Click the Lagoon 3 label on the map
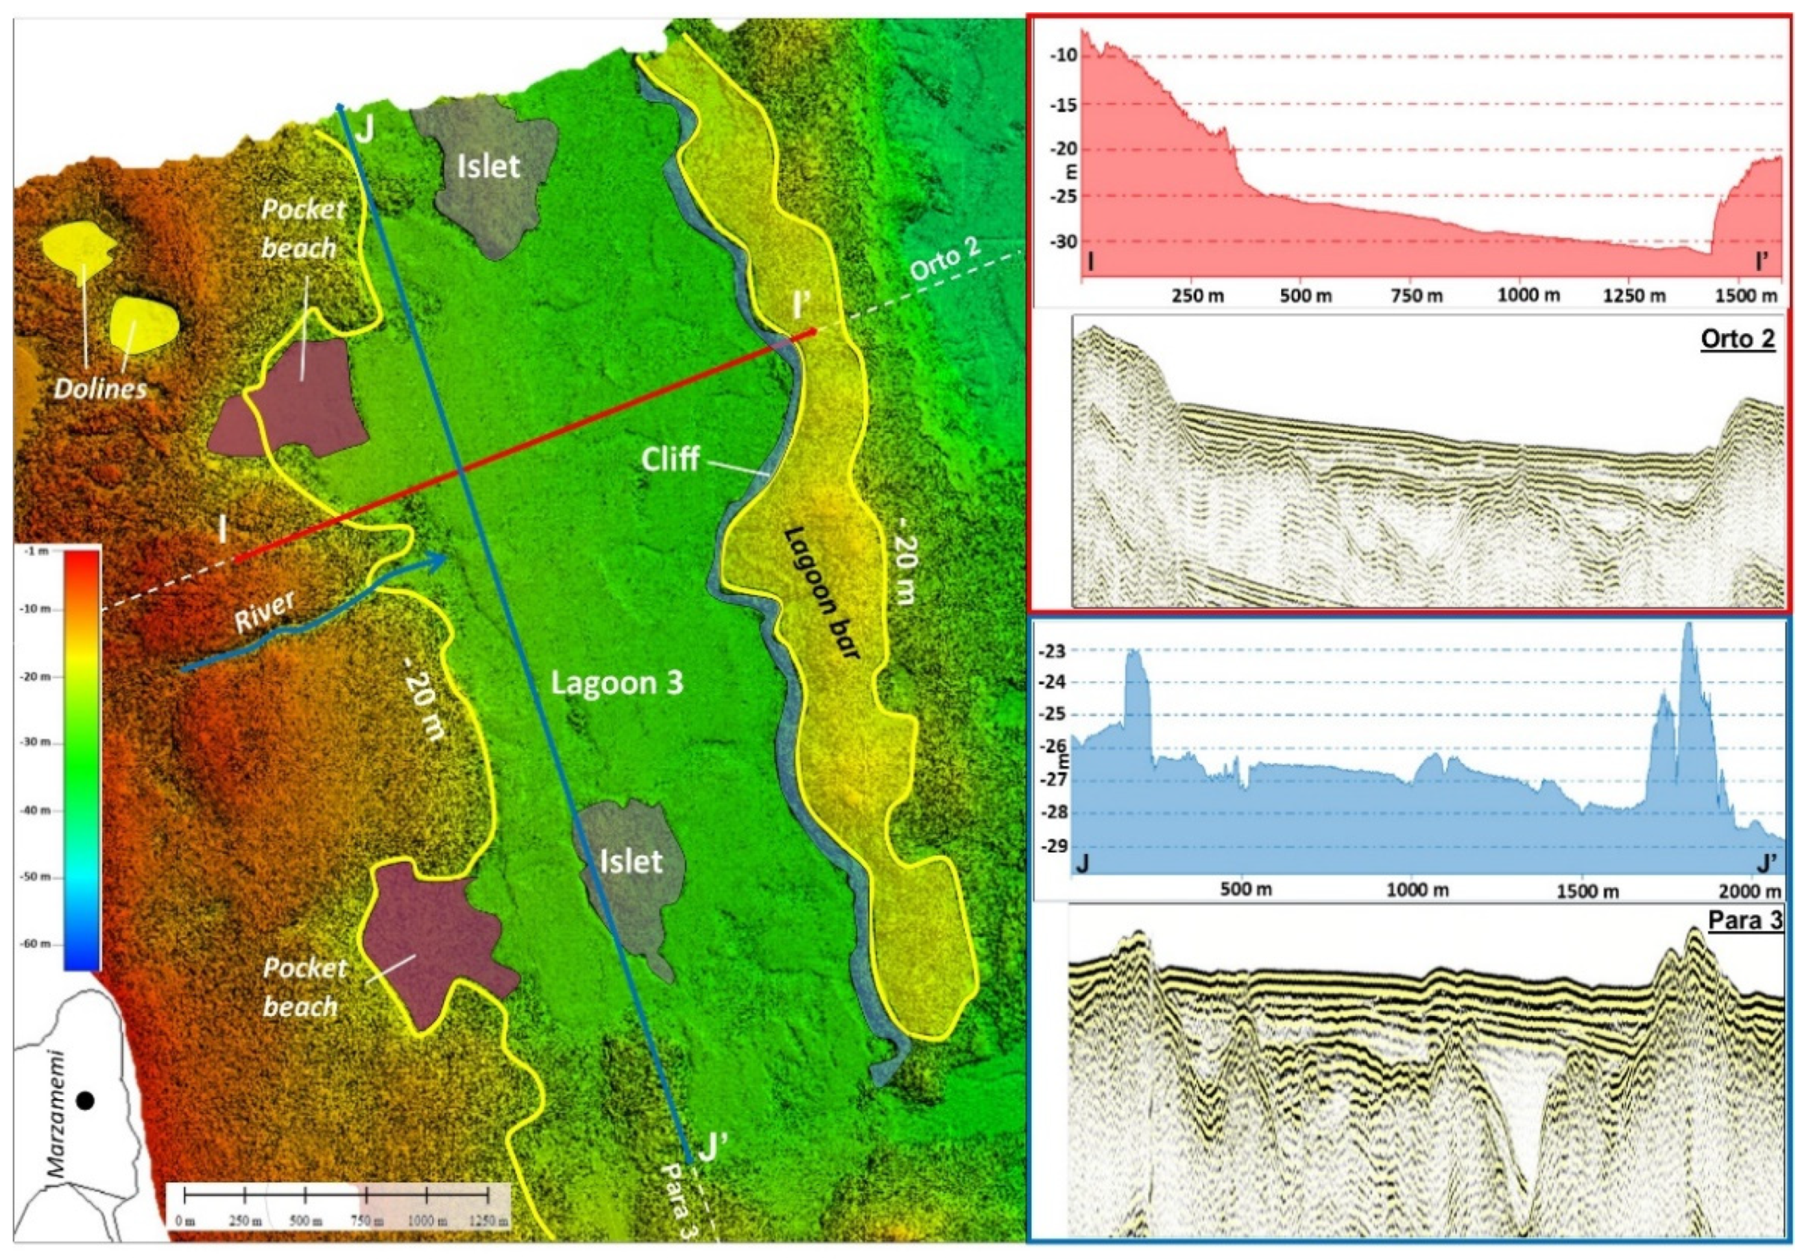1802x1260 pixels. click(617, 683)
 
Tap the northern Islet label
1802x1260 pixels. click(488, 166)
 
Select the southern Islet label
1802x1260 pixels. click(631, 862)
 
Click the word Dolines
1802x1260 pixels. click(101, 388)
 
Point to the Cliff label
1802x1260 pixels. click(669, 458)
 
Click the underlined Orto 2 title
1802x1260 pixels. click(1737, 339)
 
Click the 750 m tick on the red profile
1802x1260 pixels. click(1410, 296)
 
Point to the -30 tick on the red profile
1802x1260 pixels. click(1064, 242)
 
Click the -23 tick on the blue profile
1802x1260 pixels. click(1054, 650)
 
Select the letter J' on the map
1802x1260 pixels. click(710, 1149)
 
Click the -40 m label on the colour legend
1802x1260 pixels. click(38, 811)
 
